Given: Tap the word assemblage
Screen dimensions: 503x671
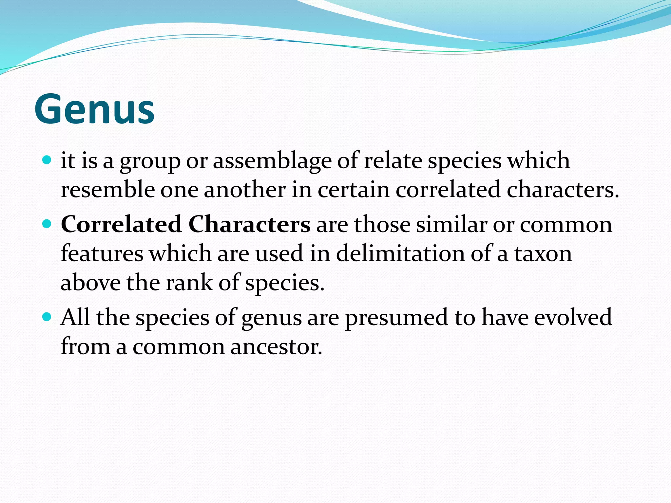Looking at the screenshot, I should (272, 161).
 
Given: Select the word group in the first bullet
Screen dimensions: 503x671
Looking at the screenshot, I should (150, 161).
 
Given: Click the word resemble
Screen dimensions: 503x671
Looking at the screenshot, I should (107, 190).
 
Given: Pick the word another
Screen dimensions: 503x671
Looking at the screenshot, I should (245, 190).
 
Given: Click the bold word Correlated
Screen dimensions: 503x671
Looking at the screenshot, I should (121, 225).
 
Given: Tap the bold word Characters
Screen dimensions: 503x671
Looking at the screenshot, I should (249, 225).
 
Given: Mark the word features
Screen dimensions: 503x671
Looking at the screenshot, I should (102, 253).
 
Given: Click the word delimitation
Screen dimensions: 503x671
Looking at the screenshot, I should (400, 253).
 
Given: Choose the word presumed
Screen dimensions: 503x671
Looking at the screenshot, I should (396, 317).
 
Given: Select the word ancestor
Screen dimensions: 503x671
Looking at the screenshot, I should (276, 346).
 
